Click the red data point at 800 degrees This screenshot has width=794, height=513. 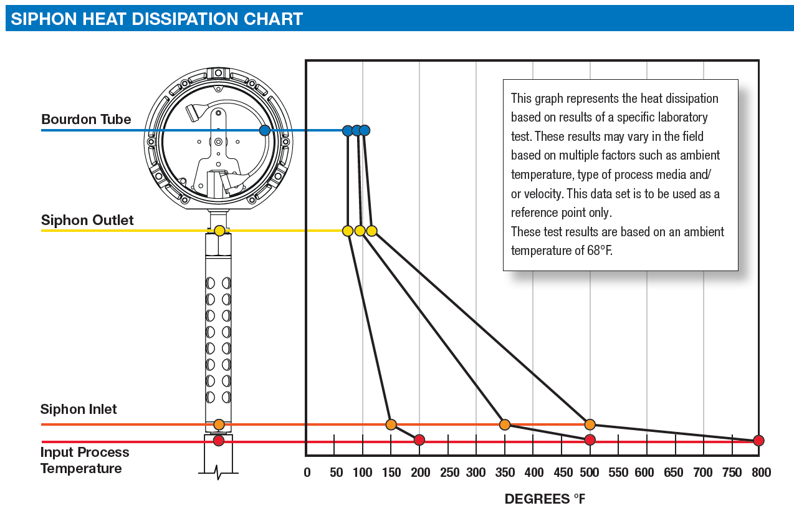point(758,441)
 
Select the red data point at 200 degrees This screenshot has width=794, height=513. point(419,440)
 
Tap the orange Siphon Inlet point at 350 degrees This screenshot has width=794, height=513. point(505,424)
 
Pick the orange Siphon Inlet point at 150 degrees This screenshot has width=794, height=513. point(391,424)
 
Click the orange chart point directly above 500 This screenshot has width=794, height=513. point(590,424)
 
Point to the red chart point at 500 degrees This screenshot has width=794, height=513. point(590,440)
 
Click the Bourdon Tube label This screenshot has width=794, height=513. point(86,119)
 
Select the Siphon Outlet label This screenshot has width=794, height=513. point(87,220)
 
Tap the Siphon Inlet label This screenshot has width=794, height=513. point(79,409)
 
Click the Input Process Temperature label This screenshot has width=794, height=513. point(85,460)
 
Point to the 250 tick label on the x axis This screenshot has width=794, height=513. point(449,472)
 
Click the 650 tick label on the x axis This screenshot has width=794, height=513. point(673,472)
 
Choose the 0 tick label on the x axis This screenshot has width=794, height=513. point(307,472)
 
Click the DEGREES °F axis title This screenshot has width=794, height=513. point(545,499)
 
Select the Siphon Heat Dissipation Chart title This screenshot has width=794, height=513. point(156,19)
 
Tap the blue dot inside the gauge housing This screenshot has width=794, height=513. point(265,130)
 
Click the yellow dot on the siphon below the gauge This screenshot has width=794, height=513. point(219,231)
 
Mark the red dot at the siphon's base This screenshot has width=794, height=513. point(219,441)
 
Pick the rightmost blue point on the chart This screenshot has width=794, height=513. point(365,130)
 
